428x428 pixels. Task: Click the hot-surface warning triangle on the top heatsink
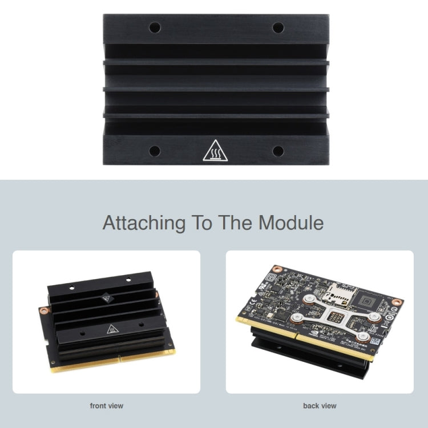215,150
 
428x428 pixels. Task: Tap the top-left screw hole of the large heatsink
155,27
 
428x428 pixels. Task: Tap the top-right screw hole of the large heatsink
278,27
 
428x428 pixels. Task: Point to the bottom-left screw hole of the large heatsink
155,151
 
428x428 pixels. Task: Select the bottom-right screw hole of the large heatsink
278,151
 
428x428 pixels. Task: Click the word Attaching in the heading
144,223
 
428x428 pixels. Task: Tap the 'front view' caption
106,406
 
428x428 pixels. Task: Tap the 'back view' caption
320,406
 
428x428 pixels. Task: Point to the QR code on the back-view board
375,341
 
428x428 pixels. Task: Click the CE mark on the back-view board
248,308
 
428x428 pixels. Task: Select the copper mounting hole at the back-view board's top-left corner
278,268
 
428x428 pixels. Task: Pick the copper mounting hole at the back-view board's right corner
398,302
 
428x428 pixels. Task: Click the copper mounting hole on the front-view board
43,311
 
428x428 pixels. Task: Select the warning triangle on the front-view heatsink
111,329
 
